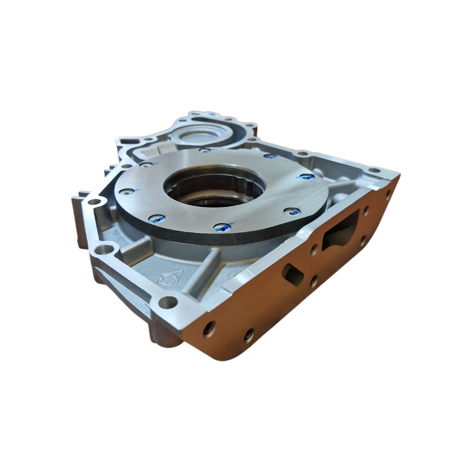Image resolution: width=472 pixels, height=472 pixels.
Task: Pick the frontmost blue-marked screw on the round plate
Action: click(x=221, y=228)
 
